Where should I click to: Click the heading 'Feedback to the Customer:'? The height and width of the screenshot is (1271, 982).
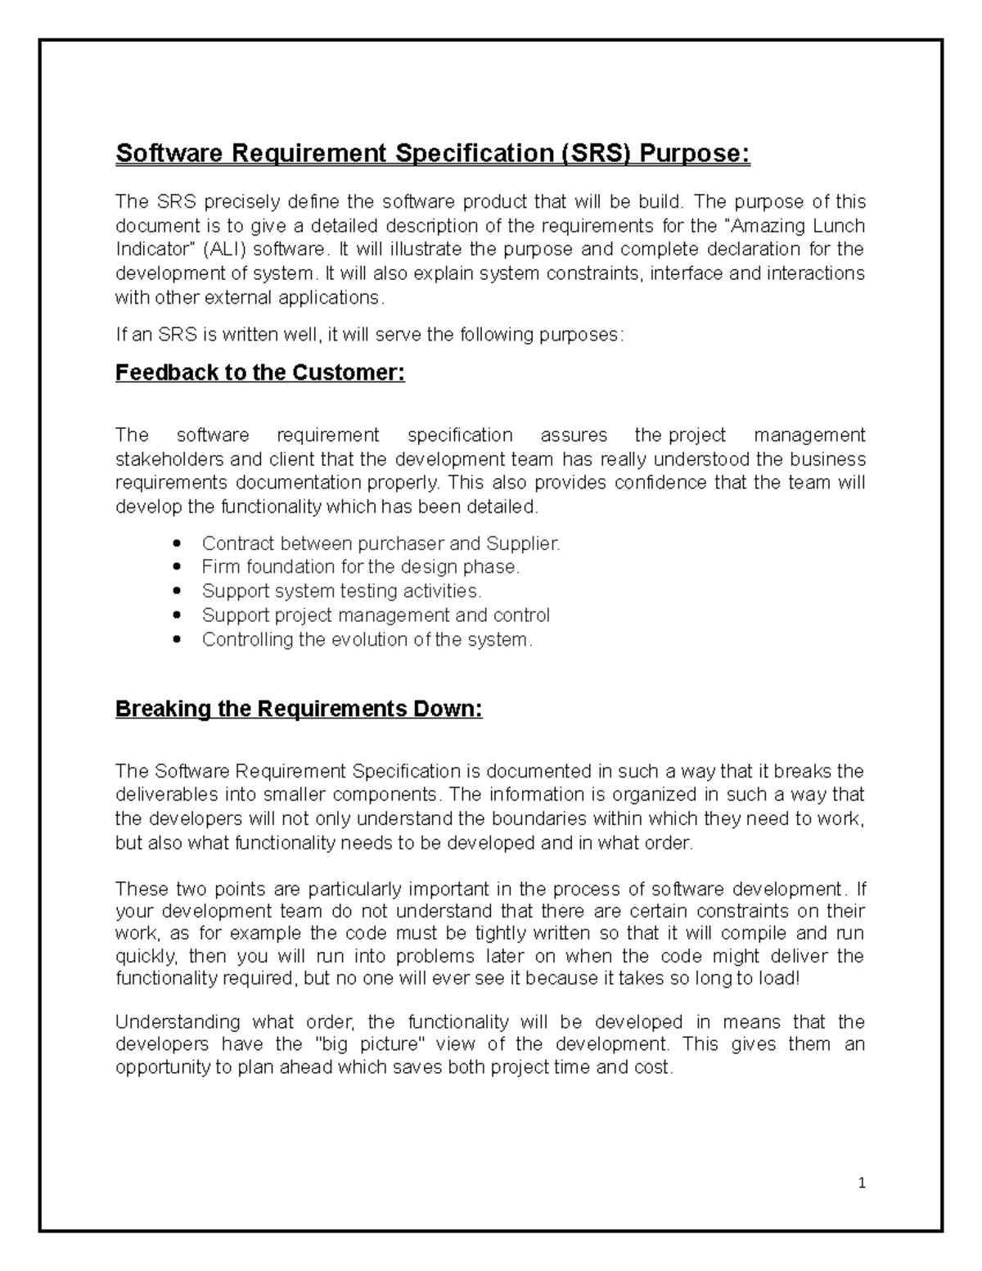[x=260, y=373]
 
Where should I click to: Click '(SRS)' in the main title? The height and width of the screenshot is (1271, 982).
[x=595, y=153]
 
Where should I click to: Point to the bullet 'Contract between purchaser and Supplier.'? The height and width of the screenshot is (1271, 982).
[x=381, y=543]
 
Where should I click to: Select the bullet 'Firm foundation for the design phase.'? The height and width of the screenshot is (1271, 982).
[x=361, y=567]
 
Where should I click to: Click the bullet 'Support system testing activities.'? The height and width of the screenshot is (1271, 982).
[x=342, y=591]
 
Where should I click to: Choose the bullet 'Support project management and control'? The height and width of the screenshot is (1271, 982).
[x=376, y=615]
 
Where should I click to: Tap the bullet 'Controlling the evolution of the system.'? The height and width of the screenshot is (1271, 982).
[x=367, y=639]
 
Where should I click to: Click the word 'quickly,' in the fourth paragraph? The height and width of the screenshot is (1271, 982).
[x=145, y=956]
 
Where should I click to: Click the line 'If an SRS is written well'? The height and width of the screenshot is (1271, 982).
[x=369, y=334]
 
